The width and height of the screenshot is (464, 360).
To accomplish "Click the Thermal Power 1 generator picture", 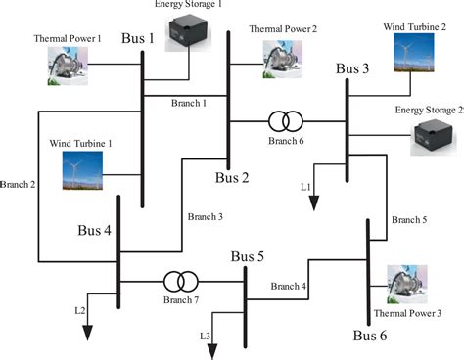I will point(70,65).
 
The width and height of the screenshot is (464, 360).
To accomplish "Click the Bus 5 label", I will point(249,257).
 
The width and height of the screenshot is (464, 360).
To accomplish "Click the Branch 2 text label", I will point(18,183).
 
